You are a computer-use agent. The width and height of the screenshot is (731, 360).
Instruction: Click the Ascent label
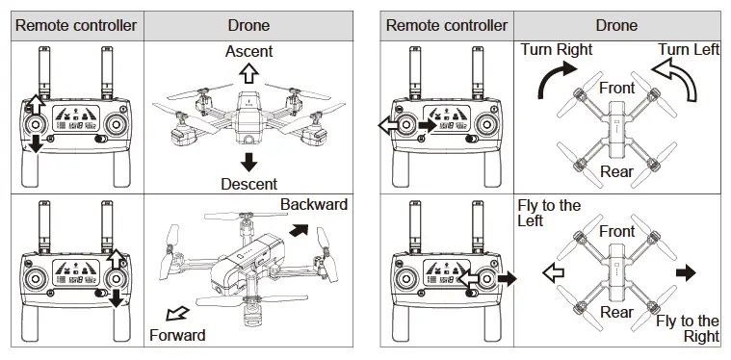tap(248, 51)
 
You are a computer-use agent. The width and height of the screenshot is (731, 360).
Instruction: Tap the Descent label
tap(248, 183)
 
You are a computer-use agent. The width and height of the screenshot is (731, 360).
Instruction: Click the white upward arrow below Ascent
tap(248, 73)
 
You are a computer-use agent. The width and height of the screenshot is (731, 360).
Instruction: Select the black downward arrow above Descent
tap(248, 160)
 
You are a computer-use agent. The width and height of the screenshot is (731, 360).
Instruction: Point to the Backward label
tap(314, 205)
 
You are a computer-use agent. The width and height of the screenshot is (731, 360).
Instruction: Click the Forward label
tap(177, 335)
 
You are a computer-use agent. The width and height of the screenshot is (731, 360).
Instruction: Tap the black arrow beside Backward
tap(300, 231)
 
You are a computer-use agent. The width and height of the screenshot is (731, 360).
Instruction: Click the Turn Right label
tap(557, 49)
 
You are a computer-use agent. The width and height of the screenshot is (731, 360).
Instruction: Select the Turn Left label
tap(689, 49)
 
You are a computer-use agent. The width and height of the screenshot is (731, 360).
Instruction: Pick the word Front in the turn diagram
tap(617, 88)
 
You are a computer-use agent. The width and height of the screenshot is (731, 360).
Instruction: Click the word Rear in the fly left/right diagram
tap(616, 312)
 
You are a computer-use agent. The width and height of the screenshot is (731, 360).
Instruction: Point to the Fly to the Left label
tap(549, 213)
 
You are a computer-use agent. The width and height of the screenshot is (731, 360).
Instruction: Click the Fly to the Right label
tap(688, 328)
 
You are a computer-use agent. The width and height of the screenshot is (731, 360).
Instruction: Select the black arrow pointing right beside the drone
tap(685, 273)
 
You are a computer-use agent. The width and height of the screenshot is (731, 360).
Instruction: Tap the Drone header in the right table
tap(616, 25)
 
